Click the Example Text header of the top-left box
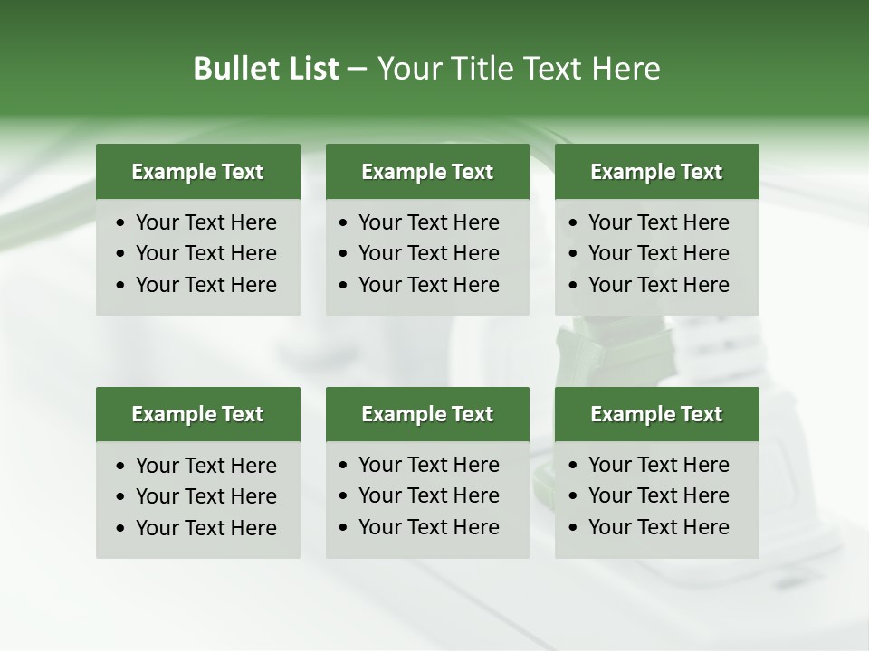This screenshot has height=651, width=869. [197, 172]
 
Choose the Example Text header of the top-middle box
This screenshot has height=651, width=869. [427, 172]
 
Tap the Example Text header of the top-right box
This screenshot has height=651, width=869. [656, 172]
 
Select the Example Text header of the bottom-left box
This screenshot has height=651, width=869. [197, 414]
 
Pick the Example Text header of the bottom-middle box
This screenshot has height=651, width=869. [427, 414]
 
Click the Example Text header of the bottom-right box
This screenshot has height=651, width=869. [656, 414]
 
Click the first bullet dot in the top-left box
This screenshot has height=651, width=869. [121, 223]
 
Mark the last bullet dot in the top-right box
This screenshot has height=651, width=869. [574, 286]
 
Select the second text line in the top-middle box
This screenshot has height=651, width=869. [429, 254]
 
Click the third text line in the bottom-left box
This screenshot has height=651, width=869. [206, 528]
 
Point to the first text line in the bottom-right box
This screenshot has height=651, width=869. [659, 465]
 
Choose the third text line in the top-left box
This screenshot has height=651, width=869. [206, 285]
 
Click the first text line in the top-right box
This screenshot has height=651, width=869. [659, 222]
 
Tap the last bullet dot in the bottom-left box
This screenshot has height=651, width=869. [121, 529]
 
